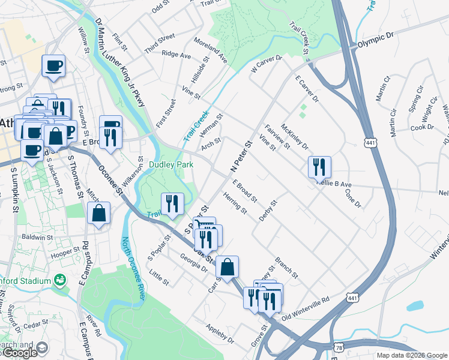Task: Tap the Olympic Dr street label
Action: coord(375,40)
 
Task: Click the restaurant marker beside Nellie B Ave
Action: coord(319,166)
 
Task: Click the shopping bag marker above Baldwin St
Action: coord(98,213)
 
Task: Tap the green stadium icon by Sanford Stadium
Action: coord(59,279)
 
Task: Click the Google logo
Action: coord(20,353)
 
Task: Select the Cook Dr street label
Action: coord(422,127)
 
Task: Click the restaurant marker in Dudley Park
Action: coord(172,204)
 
